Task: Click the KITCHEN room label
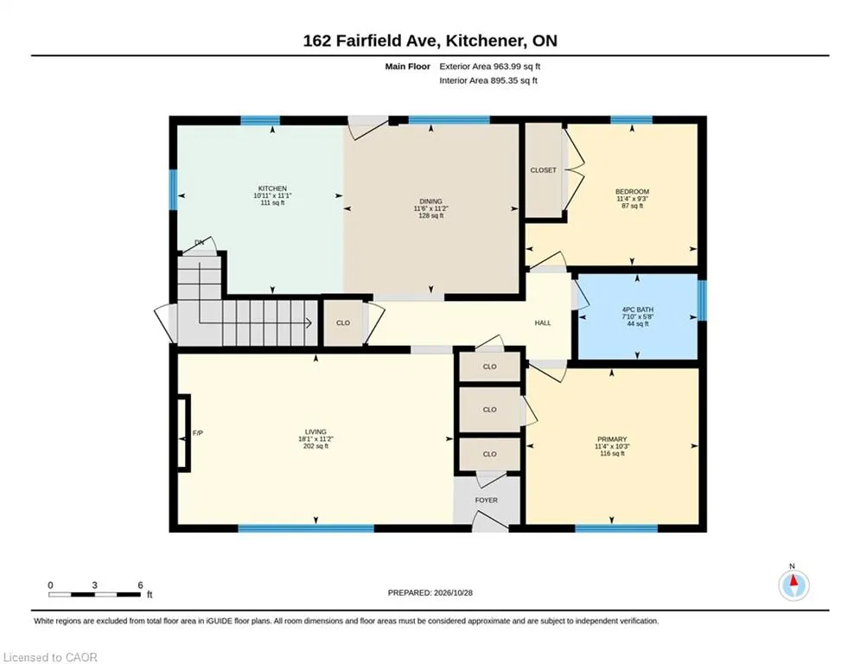tap(272, 188)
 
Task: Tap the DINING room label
tap(430, 201)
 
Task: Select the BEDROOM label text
tap(632, 192)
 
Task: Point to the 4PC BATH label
tap(637, 310)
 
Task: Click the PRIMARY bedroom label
tap(612, 439)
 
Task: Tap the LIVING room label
tap(316, 432)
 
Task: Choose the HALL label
tap(543, 322)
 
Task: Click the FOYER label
tap(487, 500)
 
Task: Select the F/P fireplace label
tap(198, 433)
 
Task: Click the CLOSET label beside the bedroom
tap(543, 170)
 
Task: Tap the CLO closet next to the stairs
tap(343, 322)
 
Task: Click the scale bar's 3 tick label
tap(95, 585)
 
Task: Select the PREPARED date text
tap(430, 592)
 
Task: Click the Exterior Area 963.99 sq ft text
tap(490, 67)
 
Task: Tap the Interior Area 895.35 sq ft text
tap(488, 80)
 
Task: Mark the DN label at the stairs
tap(199, 242)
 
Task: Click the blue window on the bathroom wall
tap(702, 300)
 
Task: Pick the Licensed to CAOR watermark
tap(50, 657)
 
